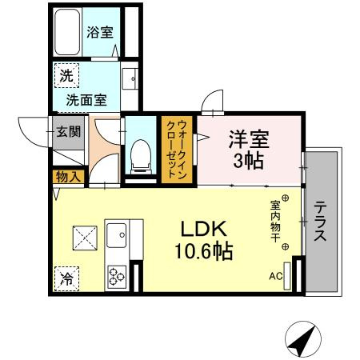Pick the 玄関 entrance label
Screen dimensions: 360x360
click(x=67, y=130)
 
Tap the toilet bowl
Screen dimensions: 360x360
click(x=141, y=153)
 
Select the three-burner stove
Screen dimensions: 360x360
click(x=117, y=277)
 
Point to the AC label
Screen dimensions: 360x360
click(x=276, y=278)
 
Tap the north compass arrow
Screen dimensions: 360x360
click(x=302, y=341)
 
